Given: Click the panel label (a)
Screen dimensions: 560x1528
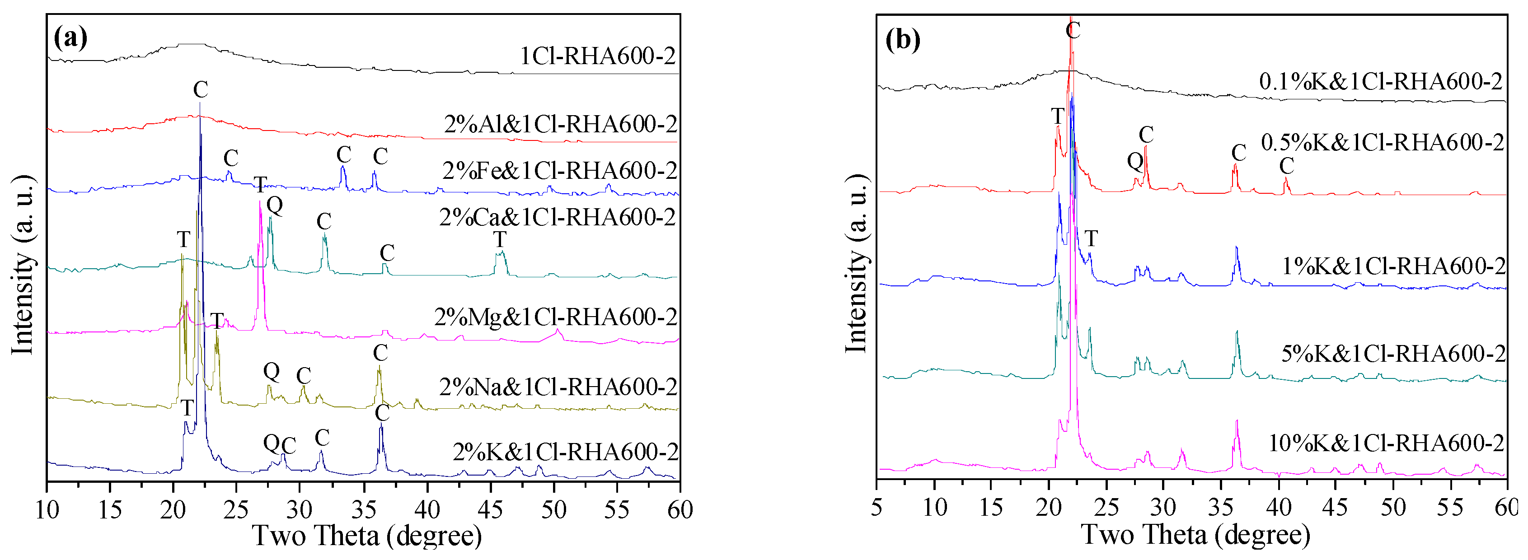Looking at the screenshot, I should tap(70, 38).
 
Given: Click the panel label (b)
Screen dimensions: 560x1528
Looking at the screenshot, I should tap(902, 40).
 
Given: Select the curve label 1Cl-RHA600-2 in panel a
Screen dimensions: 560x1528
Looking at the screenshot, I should tap(597, 56).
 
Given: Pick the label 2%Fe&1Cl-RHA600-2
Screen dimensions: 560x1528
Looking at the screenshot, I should tap(559, 171).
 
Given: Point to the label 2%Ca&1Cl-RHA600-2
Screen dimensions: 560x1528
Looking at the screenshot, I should tap(557, 218).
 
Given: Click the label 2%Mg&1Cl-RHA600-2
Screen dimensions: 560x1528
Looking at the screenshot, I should tap(555, 317).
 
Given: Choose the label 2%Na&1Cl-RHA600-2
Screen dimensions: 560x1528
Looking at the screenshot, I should tap(558, 387).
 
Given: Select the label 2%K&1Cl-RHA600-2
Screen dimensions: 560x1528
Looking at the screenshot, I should tap(565, 452).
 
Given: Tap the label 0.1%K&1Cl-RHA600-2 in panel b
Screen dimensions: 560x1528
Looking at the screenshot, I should tap(1380, 82).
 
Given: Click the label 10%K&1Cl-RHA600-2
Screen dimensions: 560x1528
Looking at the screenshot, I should tap(1386, 443).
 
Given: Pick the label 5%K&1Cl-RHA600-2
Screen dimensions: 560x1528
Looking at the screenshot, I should tap(1393, 354).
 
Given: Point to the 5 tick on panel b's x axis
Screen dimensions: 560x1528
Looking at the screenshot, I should tap(876, 508).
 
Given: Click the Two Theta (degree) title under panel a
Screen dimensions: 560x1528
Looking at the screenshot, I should tap(366, 536).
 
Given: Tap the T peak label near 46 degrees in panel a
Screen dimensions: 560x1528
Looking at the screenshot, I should tap(500, 240).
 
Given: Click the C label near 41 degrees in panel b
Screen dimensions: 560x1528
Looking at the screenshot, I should tap(1286, 165).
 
